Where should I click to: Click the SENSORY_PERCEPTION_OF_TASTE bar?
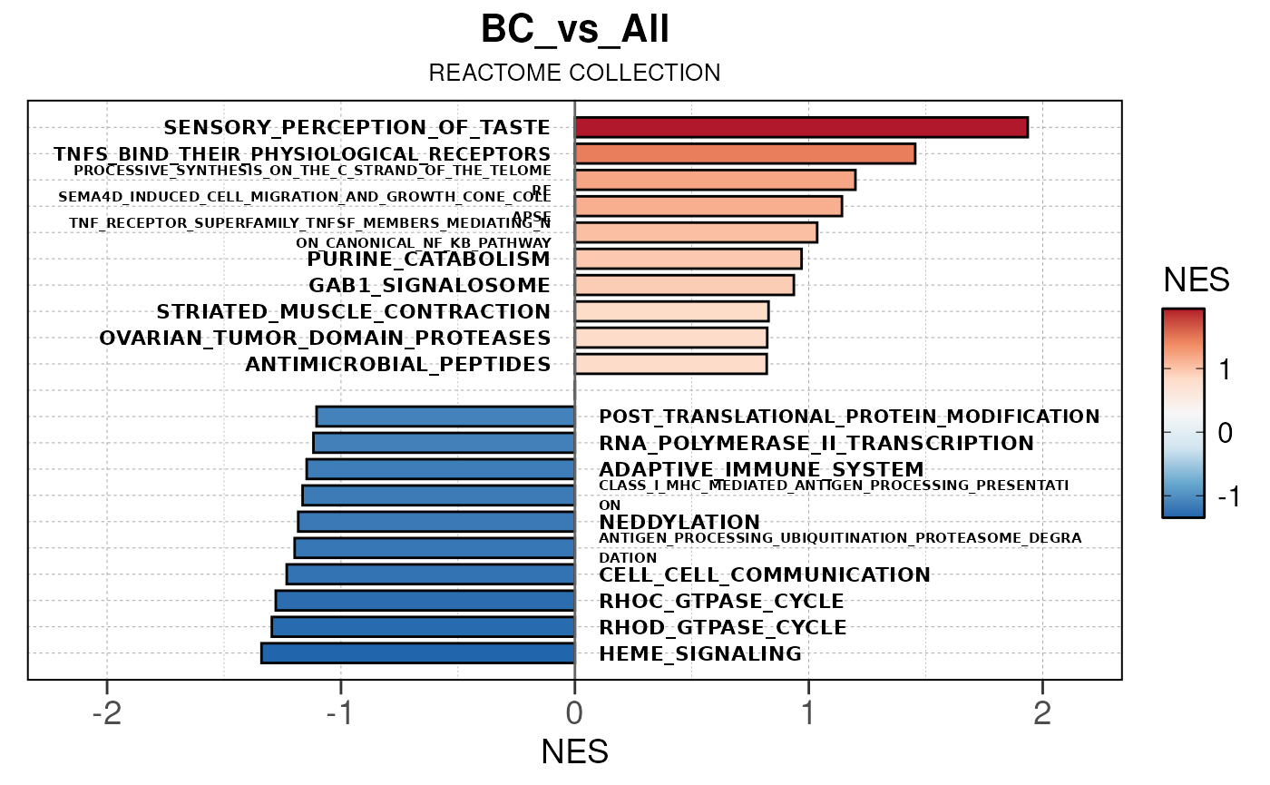pyautogui.click(x=801, y=128)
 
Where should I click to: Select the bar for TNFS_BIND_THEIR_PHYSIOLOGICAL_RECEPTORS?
pyautogui.click(x=745, y=153)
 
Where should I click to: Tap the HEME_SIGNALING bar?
pyautogui.click(x=417, y=653)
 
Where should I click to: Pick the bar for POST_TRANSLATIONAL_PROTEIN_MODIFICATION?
pyautogui.click(x=445, y=417)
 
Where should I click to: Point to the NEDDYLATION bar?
pyautogui.click(x=436, y=522)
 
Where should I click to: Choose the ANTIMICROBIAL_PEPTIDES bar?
pyautogui.click(x=670, y=364)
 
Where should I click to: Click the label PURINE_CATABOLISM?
pyautogui.click(x=429, y=260)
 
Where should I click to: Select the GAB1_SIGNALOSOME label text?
pyautogui.click(x=429, y=286)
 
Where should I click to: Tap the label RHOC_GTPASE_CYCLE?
pyautogui.click(x=721, y=602)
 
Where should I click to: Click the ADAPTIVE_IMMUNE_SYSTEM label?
pyautogui.click(x=761, y=470)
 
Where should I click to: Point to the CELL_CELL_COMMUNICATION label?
pyautogui.click(x=765, y=575)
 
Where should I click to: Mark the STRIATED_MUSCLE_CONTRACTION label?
pyautogui.click(x=354, y=312)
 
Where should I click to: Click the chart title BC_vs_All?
pyautogui.click(x=575, y=31)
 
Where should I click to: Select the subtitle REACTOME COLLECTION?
pyautogui.click(x=575, y=74)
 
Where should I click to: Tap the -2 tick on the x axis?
pyautogui.click(x=106, y=713)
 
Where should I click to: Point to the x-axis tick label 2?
pyautogui.click(x=1042, y=713)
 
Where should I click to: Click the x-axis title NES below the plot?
pyautogui.click(x=574, y=752)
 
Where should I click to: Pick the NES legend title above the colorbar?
pyautogui.click(x=1197, y=280)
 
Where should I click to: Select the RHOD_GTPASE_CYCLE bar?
pyautogui.click(x=423, y=627)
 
